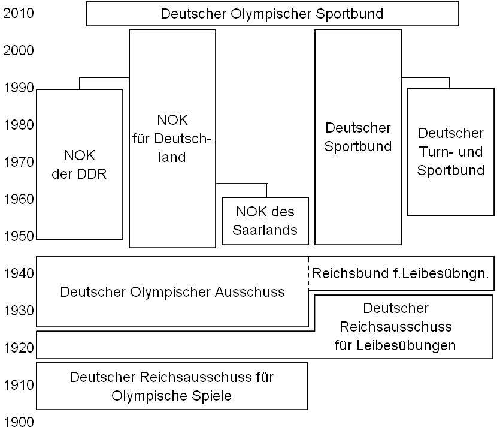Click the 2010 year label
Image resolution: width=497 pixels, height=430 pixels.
tap(19, 13)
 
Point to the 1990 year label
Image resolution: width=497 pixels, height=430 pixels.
tap(19, 88)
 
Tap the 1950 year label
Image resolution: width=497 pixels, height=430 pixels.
tap(19, 236)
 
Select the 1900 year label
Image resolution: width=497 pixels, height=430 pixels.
tap(19, 422)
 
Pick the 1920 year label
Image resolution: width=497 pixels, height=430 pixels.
tap(19, 348)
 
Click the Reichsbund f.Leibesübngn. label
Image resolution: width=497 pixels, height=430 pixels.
tap(401, 273)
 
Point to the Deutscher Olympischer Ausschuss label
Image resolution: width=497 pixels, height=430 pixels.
tap(172, 292)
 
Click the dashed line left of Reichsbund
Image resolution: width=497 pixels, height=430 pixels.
tap(308, 273)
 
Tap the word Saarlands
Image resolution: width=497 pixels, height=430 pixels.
tap(265, 230)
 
